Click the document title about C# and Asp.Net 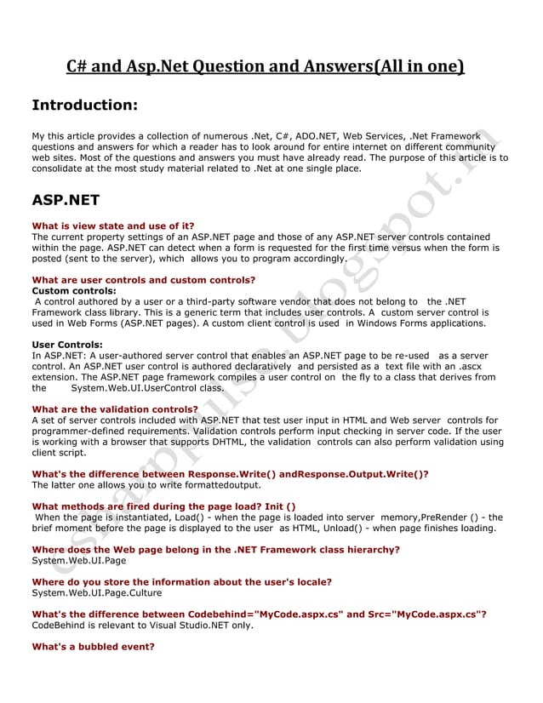point(266,67)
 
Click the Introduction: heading point(84,106)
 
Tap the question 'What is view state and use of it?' point(112,226)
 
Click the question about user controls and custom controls point(143,279)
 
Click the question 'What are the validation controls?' point(115,409)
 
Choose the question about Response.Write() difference point(230,474)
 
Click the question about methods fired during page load point(163,506)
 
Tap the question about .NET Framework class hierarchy point(215,550)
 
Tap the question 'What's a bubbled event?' point(93,647)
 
